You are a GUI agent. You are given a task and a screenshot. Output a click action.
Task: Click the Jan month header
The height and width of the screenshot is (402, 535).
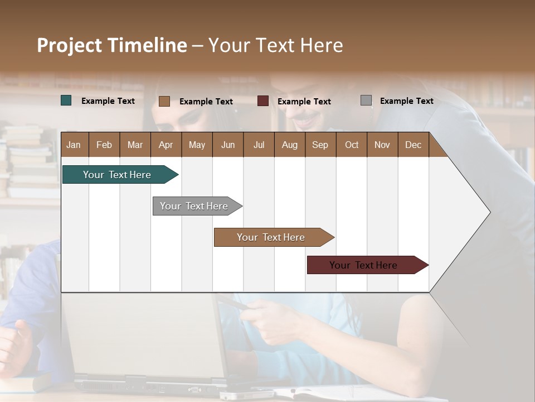(x=74, y=145)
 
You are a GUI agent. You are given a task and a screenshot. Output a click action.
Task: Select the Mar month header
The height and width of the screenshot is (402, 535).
(x=135, y=145)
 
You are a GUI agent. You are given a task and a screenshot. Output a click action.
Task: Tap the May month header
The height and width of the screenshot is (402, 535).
(x=197, y=145)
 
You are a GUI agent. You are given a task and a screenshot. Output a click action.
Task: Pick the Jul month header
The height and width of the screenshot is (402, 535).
(x=259, y=145)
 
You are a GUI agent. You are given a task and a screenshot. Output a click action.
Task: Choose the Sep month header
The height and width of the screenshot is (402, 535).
(x=320, y=145)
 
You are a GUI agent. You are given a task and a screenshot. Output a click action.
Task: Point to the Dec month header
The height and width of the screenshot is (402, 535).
(x=413, y=145)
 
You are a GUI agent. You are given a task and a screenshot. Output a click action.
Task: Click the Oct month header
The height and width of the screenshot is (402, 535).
(x=352, y=145)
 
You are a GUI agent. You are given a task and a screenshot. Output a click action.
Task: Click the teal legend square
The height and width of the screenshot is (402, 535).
(x=66, y=100)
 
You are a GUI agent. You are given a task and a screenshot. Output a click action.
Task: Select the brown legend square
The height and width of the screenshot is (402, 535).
(x=164, y=101)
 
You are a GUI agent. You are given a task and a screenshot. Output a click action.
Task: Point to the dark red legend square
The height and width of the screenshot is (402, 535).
(x=263, y=101)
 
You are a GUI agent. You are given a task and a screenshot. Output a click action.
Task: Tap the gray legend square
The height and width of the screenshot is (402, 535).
(x=366, y=100)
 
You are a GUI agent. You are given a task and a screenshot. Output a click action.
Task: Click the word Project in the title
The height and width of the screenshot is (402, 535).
(x=70, y=45)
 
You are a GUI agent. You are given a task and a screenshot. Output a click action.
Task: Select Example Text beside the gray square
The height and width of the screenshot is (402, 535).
(x=406, y=100)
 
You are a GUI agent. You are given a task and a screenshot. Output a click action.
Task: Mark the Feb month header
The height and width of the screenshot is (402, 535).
(x=104, y=145)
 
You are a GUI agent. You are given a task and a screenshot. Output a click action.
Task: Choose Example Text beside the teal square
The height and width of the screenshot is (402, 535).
(x=108, y=100)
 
